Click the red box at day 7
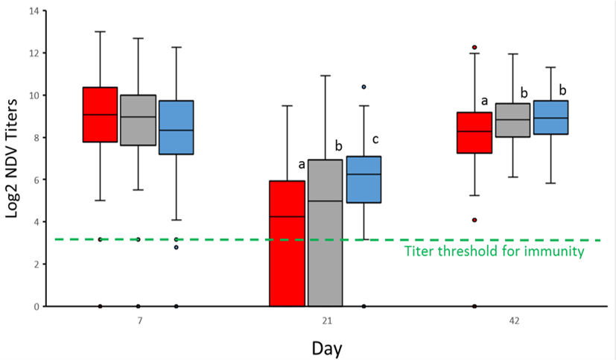100,114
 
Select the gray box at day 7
139,120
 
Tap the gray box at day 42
512,120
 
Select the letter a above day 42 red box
484,100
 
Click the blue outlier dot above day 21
363,87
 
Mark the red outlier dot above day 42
474,47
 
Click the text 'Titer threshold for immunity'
494,251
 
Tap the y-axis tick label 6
34,180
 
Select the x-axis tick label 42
512,321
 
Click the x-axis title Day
327,347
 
